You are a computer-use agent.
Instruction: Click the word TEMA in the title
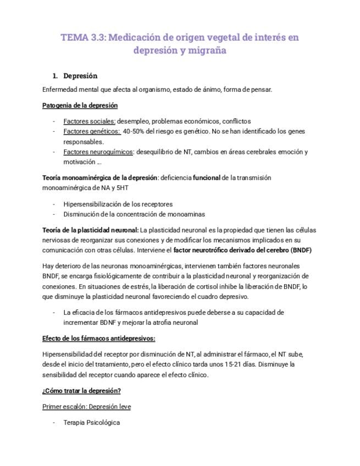click(73, 37)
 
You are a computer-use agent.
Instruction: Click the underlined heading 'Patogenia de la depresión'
click(80, 105)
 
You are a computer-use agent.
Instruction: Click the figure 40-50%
click(135, 131)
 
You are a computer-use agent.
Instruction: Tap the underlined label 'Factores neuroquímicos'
click(98, 152)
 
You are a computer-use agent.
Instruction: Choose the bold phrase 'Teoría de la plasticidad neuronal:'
click(90, 230)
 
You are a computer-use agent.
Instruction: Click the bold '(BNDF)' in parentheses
click(300, 250)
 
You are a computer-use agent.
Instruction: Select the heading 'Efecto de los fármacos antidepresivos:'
click(98, 338)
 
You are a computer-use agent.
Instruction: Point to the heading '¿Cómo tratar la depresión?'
click(81, 391)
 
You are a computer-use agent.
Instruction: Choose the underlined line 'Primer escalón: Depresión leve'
click(86, 407)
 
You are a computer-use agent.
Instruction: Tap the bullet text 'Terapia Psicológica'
click(91, 423)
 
